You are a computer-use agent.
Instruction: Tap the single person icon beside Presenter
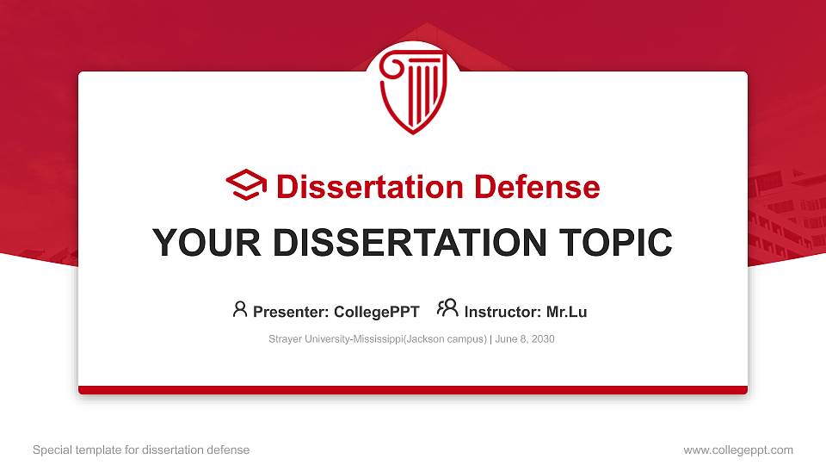(x=240, y=309)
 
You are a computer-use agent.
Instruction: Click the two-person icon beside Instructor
(x=447, y=309)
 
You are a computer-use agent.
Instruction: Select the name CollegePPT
(x=377, y=312)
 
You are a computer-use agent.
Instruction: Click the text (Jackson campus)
(x=444, y=339)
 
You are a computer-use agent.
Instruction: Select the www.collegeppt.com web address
(x=738, y=449)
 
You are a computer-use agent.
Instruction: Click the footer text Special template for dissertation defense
(x=141, y=449)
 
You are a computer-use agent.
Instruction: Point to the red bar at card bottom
(x=413, y=390)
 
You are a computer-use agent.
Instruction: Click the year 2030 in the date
(x=543, y=339)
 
